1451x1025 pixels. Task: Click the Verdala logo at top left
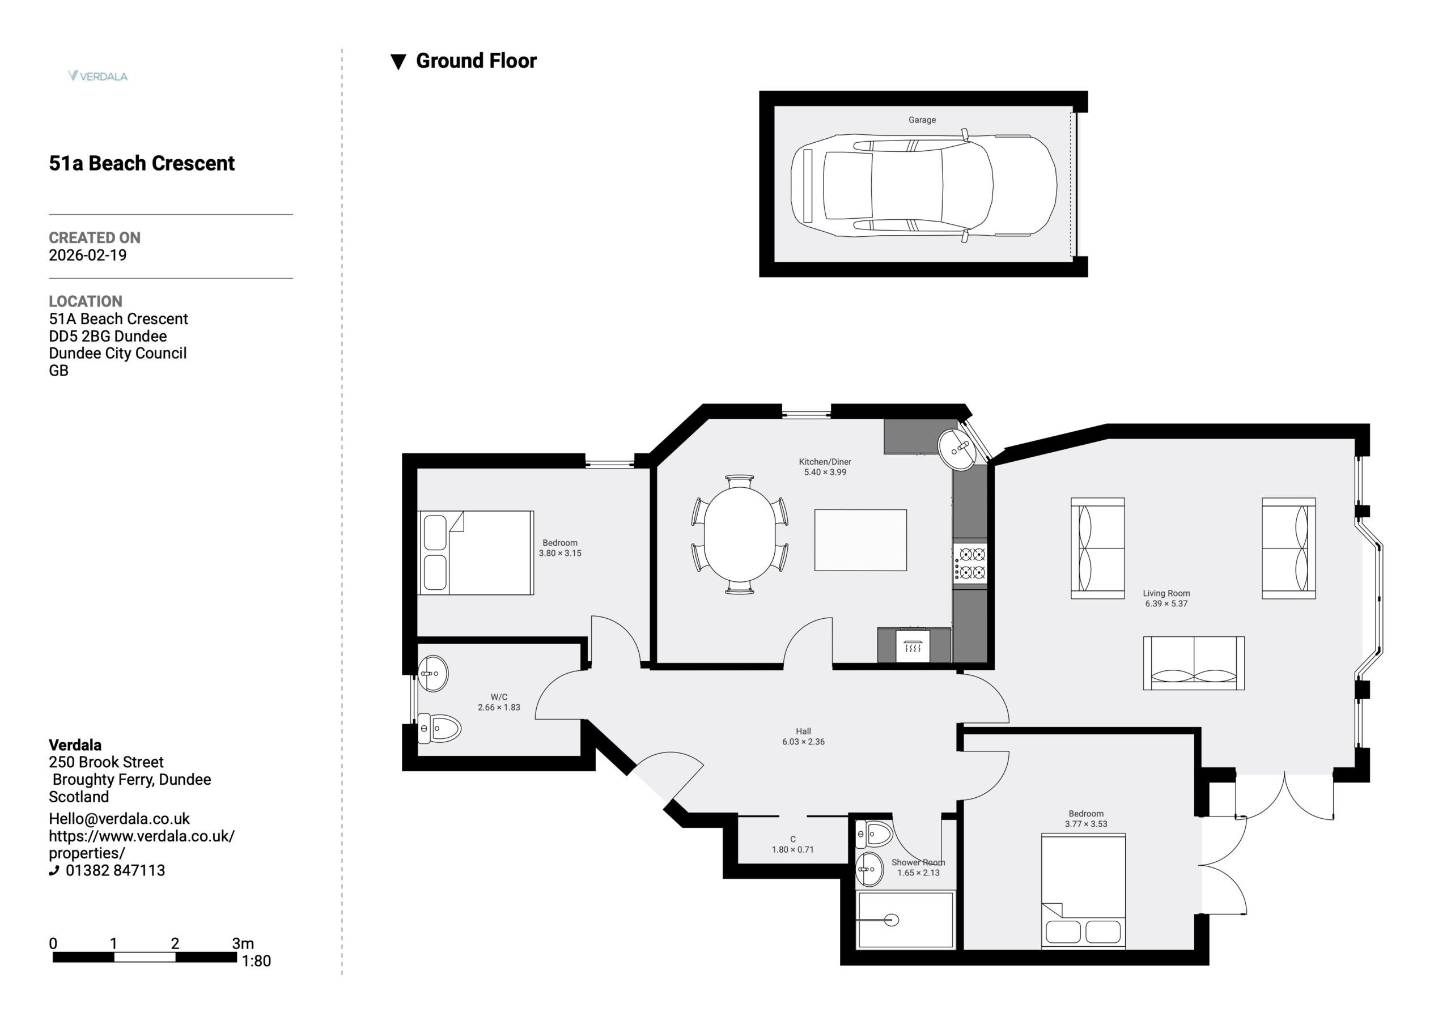click(98, 76)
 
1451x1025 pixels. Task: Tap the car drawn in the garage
click(923, 186)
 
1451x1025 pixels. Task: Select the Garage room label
click(922, 120)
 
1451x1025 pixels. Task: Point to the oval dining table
click(740, 535)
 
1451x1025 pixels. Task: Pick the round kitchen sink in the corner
click(957, 449)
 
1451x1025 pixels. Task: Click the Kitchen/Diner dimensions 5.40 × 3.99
click(825, 472)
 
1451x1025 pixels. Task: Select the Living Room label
click(1166, 593)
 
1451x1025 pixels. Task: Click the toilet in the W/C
click(439, 728)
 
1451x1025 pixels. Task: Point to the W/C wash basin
click(433, 673)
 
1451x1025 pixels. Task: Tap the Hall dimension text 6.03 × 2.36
click(803, 742)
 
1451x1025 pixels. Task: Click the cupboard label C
click(792, 839)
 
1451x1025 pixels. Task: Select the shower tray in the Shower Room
click(906, 920)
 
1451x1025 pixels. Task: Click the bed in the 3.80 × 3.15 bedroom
click(476, 553)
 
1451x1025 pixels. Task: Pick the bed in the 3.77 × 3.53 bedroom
click(1083, 891)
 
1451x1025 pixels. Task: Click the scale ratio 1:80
click(256, 961)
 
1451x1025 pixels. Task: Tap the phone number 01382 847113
click(115, 870)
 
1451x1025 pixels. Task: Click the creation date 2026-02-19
click(88, 256)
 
